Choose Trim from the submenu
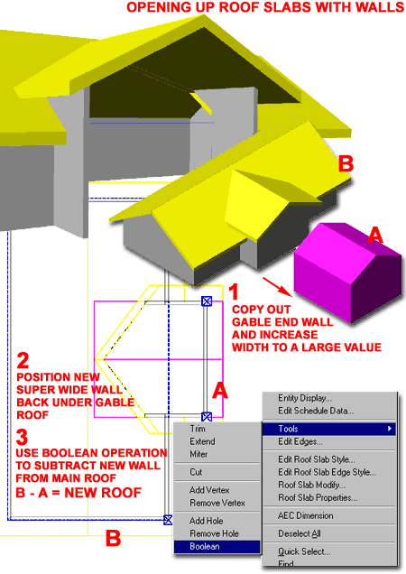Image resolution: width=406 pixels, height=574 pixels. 199,429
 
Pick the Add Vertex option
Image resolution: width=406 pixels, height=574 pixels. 208,489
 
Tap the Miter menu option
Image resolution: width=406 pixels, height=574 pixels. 199,454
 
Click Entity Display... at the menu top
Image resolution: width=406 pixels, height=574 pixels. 305,397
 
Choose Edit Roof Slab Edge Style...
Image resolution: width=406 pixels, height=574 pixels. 327,472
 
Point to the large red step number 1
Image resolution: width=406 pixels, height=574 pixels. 233,292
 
